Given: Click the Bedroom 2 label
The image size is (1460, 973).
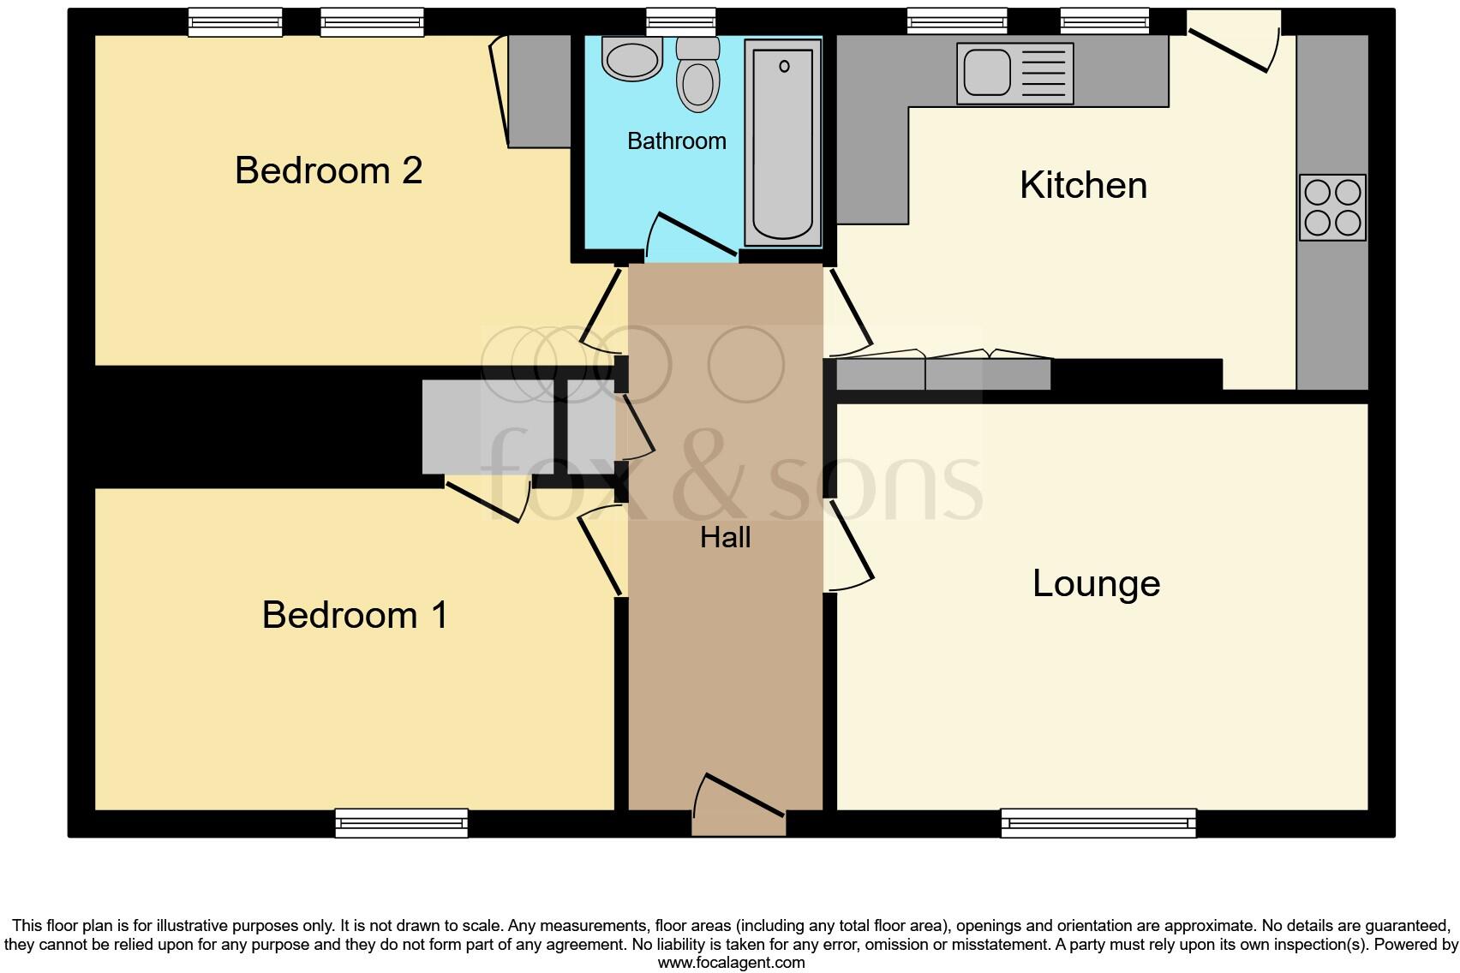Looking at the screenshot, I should pyautogui.click(x=328, y=170).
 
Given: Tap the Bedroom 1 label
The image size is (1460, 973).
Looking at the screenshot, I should pyautogui.click(x=355, y=615).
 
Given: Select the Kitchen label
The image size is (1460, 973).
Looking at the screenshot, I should pyautogui.click(x=1083, y=186).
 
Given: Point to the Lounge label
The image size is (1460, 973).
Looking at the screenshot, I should pyautogui.click(x=1096, y=584).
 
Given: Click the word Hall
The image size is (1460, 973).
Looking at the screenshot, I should pyautogui.click(x=725, y=538).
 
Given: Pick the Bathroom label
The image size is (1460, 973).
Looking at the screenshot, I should pyautogui.click(x=676, y=141).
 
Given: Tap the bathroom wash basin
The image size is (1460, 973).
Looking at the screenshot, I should pyautogui.click(x=632, y=58).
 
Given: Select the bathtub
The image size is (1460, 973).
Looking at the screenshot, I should pyautogui.click(x=782, y=141).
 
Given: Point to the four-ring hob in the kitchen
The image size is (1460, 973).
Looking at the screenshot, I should pyautogui.click(x=1331, y=207).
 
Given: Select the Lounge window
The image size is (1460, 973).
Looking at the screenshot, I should pyautogui.click(x=1098, y=823).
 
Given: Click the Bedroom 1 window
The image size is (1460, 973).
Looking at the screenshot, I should pyautogui.click(x=401, y=823).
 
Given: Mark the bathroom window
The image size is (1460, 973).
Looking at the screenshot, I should pyautogui.click(x=680, y=21).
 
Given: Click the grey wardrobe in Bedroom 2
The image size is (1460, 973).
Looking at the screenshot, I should pyautogui.click(x=539, y=91).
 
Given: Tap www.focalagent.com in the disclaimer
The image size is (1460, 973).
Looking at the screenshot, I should pyautogui.click(x=730, y=963).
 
